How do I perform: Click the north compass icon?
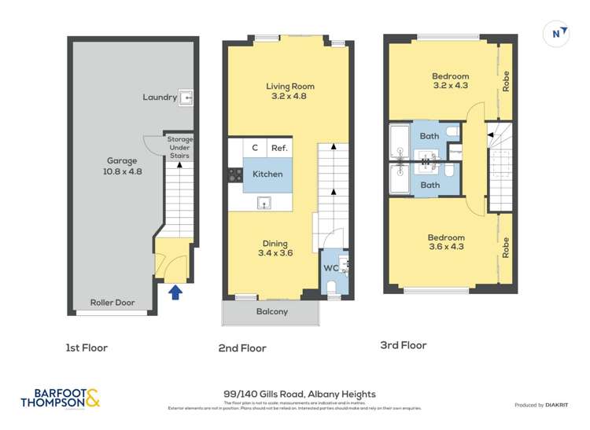(x=557, y=33)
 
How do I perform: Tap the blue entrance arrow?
(x=176, y=292)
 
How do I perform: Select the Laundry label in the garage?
(x=160, y=97)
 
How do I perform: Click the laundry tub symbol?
(x=186, y=97)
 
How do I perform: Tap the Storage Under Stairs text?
(x=180, y=148)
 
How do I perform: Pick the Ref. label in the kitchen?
(x=279, y=148)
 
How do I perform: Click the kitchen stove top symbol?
(x=234, y=175)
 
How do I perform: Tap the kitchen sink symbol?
(x=265, y=204)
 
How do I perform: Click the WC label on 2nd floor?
(x=330, y=268)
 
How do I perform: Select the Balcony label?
(x=271, y=311)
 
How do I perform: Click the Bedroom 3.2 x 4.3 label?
(x=450, y=81)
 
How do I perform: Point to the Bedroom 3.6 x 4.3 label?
(x=446, y=242)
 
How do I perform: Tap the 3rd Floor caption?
(x=403, y=345)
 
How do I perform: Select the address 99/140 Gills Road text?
(x=300, y=394)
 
